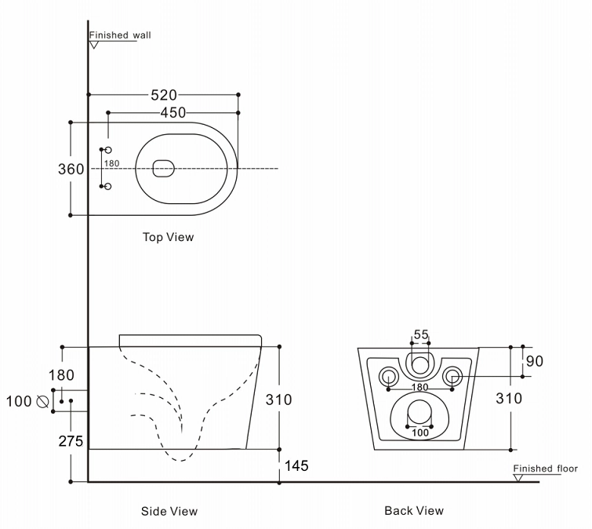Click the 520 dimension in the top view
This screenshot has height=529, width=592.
pyautogui.click(x=163, y=95)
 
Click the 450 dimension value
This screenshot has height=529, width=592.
pyautogui.click(x=173, y=113)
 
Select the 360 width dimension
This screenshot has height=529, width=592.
pyautogui.click(x=71, y=168)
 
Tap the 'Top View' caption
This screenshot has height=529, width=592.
pyautogui.click(x=168, y=236)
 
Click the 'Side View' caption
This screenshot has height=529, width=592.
pyautogui.click(x=169, y=511)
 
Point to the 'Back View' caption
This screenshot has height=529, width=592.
pyautogui.click(x=414, y=510)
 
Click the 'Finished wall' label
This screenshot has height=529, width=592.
pyautogui.click(x=120, y=35)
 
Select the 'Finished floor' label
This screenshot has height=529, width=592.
pyautogui.click(x=546, y=469)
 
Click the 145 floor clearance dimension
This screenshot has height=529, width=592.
pyautogui.click(x=294, y=466)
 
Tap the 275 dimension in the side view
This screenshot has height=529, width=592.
pyautogui.click(x=71, y=441)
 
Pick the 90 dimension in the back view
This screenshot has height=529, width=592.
pyautogui.click(x=535, y=361)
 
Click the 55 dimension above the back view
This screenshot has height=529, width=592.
pyautogui.click(x=421, y=334)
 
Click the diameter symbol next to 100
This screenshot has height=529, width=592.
pyautogui.click(x=44, y=402)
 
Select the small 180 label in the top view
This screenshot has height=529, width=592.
pyautogui.click(x=112, y=163)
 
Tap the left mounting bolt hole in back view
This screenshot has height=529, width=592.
pyautogui.click(x=388, y=377)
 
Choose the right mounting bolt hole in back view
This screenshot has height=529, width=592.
pyautogui.click(x=453, y=377)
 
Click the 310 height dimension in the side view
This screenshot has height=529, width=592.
pyautogui.click(x=278, y=399)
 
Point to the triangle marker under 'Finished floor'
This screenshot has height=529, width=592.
pyautogui.click(x=518, y=478)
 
